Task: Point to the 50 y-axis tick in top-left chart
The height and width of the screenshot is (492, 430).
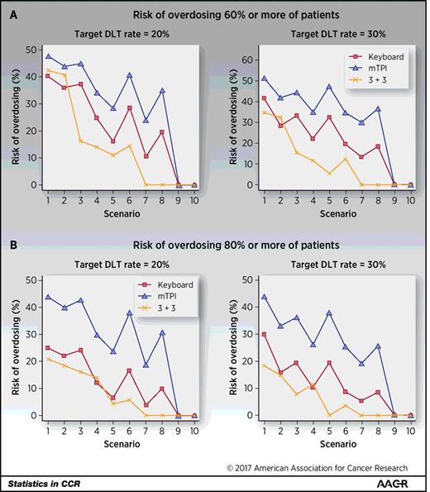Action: click(28, 51)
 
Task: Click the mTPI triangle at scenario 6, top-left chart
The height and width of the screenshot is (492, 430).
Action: click(130, 75)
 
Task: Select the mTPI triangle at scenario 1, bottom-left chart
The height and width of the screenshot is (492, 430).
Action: click(48, 297)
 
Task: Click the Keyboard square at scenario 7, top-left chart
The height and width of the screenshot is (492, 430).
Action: click(146, 156)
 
